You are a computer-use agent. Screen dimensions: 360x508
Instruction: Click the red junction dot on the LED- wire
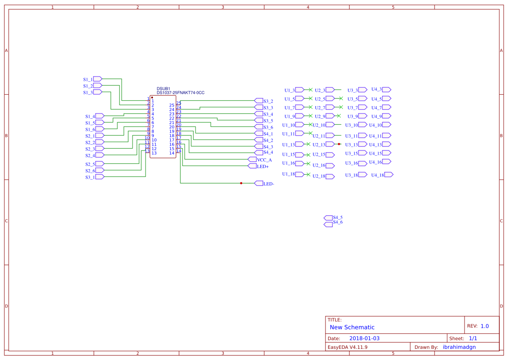241,183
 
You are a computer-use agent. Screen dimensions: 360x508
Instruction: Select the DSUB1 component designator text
163,89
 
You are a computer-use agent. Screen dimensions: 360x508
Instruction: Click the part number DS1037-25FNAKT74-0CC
180,93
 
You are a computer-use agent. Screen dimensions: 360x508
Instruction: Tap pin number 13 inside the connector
154,153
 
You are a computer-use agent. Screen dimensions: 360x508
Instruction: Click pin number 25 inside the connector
172,105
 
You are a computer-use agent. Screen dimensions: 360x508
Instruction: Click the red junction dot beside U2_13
339,144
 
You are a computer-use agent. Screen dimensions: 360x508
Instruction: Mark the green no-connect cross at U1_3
310,90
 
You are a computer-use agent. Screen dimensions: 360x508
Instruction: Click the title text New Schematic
352,327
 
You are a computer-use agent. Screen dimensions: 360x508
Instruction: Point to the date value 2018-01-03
364,338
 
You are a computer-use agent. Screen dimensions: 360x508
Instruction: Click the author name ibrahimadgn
459,347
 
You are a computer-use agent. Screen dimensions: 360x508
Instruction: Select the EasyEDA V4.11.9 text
347,347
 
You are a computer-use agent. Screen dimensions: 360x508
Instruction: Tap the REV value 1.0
485,326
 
